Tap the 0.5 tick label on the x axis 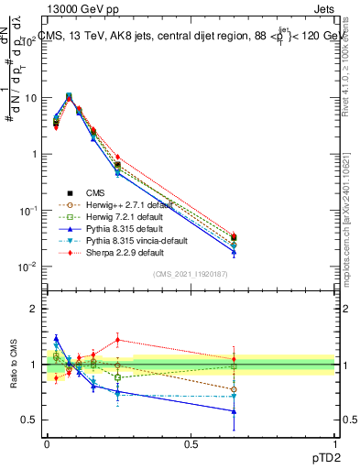point(191,442)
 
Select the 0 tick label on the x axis point(47,442)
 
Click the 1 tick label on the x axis point(335,442)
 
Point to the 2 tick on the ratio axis point(33,309)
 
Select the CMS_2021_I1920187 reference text point(191,275)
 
